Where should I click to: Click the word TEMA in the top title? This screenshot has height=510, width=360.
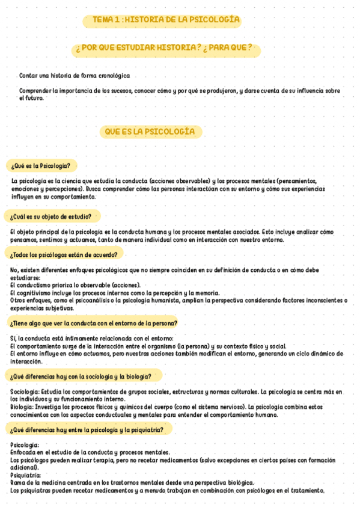pyautogui.click(x=103, y=20)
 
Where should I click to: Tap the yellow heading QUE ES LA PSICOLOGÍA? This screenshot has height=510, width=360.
pyautogui.click(x=150, y=131)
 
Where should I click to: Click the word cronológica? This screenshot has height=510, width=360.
pyautogui.click(x=113, y=76)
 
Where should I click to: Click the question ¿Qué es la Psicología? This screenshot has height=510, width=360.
pyautogui.click(x=40, y=165)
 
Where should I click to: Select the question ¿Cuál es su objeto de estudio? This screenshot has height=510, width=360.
pyautogui.click(x=51, y=217)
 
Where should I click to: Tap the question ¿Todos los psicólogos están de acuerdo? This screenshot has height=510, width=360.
pyautogui.click(x=64, y=254)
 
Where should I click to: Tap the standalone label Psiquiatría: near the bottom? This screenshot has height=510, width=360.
pyautogui.click(x=25, y=475)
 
